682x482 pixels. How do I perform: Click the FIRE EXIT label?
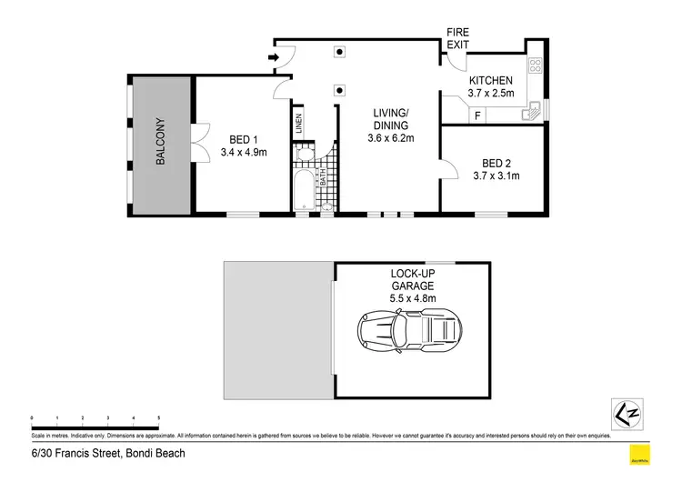pyautogui.click(x=457, y=38)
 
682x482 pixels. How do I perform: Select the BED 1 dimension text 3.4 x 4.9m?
pyautogui.click(x=243, y=152)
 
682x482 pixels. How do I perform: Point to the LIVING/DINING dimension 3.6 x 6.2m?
pyautogui.click(x=390, y=138)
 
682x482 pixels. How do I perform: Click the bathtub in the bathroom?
pyautogui.click(x=303, y=188)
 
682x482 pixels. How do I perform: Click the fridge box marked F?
pyautogui.click(x=477, y=115)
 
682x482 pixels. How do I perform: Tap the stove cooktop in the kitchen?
pyautogui.click(x=535, y=66)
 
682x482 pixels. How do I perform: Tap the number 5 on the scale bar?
pyautogui.click(x=159, y=417)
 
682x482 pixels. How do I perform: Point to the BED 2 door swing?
pyautogui.click(x=449, y=166)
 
